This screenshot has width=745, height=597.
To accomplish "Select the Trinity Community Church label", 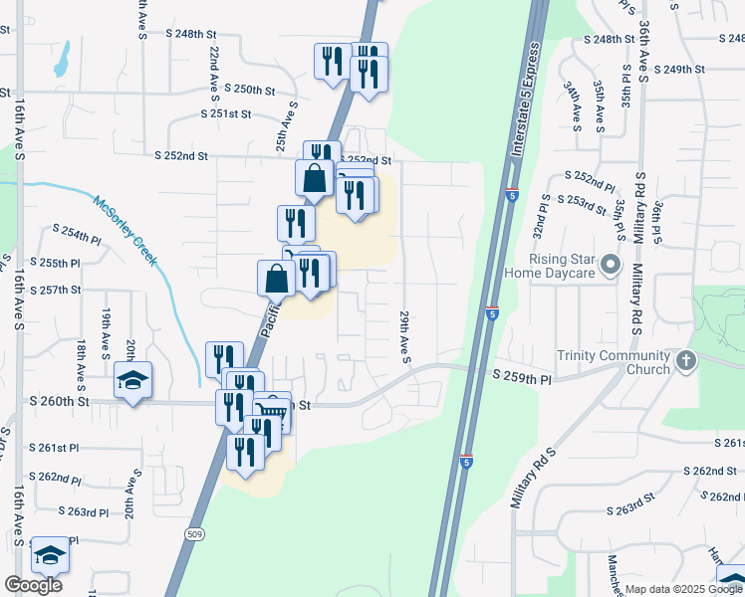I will click(x=615, y=363).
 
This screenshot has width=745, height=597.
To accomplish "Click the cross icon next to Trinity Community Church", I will click(x=685, y=362).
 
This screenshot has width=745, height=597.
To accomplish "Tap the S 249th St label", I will click(x=679, y=69).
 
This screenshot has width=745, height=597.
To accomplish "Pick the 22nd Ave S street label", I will click(x=214, y=74).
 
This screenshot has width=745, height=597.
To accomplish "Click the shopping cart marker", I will click(x=272, y=411).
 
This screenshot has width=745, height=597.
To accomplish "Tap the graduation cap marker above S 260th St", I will click(x=131, y=381).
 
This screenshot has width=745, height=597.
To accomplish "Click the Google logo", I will click(x=33, y=585).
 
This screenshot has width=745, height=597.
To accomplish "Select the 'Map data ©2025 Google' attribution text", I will click(x=682, y=589).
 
